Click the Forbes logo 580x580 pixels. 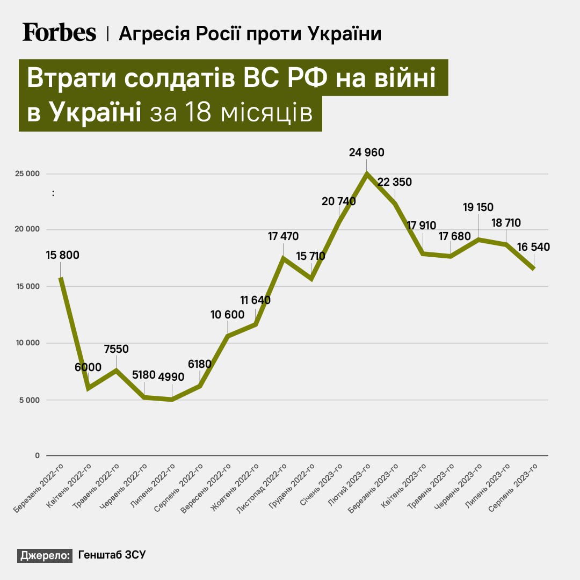click(x=59, y=33)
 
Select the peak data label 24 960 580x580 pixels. click(x=367, y=153)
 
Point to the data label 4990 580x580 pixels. click(x=171, y=376)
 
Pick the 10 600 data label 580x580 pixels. click(x=227, y=315)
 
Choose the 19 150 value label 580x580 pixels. click(x=478, y=207)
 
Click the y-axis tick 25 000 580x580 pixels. click(x=27, y=174)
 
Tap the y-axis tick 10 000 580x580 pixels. click(x=27, y=343)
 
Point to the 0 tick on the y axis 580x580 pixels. click(x=38, y=456)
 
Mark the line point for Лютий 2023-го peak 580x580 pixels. click(x=367, y=173)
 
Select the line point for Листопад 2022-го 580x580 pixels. click(x=284, y=258)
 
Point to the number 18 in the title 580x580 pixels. click(x=196, y=114)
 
